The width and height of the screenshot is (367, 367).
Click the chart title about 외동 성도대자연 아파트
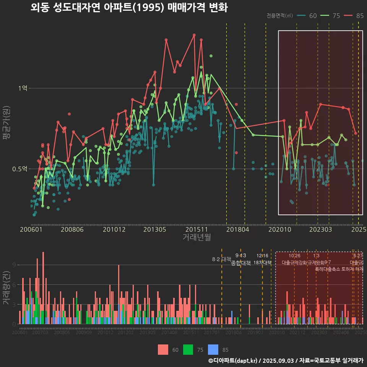coord(129,7)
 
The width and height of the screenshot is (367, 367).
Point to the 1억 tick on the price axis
coord(23,88)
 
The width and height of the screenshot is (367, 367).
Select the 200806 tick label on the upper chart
coord(72,230)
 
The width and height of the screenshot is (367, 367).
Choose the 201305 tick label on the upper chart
coord(154,230)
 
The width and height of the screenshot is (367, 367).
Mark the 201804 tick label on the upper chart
coord(238,230)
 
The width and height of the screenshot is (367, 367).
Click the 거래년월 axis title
coord(196,237)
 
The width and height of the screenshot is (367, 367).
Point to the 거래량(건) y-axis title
coord(6,288)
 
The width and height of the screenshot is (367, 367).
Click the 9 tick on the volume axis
coord(14,265)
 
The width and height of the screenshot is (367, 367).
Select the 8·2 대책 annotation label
coord(221,259)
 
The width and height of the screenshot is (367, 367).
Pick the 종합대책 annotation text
coord(241,263)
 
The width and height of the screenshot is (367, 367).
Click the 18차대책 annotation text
coord(262,263)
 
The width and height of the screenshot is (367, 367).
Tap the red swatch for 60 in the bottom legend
coord(163,349)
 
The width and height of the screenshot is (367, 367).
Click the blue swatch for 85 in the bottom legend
coord(213,349)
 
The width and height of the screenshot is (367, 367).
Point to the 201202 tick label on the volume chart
coord(125,333)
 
